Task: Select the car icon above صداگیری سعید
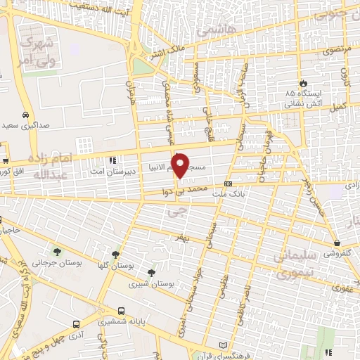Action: click(x=25, y=115)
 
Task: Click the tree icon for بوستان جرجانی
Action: click(x=56, y=252)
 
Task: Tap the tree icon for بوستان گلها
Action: click(x=116, y=255)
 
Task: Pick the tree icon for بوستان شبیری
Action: click(x=150, y=273)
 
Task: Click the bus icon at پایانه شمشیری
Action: click(x=122, y=311)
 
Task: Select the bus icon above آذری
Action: click(x=76, y=325)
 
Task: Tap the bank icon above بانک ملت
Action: click(x=227, y=182)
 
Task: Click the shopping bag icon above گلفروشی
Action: click(x=337, y=244)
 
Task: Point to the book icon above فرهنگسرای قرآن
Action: click(x=223, y=346)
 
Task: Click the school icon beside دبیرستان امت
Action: click(x=112, y=160)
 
